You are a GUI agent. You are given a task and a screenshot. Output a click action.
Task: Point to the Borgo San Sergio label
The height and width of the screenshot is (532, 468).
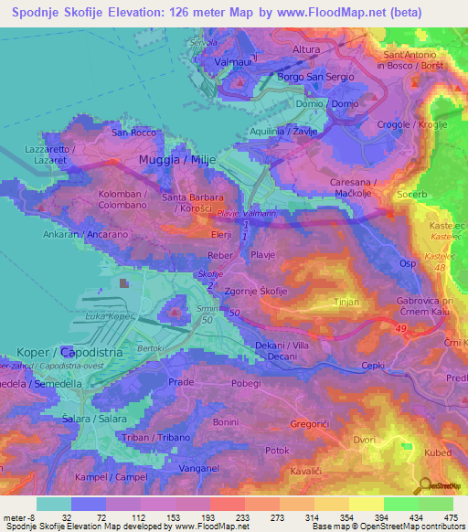[x=314, y=77]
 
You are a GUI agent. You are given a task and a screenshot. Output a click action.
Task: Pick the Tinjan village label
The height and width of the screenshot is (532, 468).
[x=347, y=301]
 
